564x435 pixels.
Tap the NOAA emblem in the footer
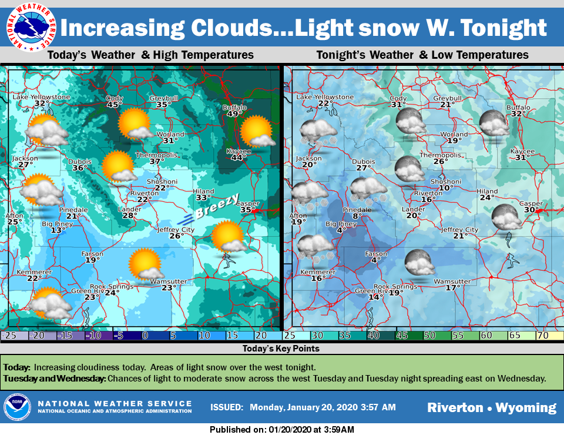tap(17, 407)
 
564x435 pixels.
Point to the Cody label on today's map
tap(114, 98)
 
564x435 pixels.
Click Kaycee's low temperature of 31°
tap(521, 158)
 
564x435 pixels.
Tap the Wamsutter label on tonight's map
tap(451, 281)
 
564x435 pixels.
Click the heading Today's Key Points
tap(281, 349)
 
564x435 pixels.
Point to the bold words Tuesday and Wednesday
tap(55, 378)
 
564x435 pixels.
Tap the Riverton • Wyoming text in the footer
tap(492, 407)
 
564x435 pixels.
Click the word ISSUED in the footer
tap(226, 407)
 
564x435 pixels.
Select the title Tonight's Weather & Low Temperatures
tap(422, 55)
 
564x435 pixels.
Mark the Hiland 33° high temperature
tap(203, 198)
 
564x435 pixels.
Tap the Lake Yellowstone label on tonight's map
tap(325, 97)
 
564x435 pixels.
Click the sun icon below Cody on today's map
tap(135, 123)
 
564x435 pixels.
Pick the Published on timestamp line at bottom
tap(282, 430)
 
